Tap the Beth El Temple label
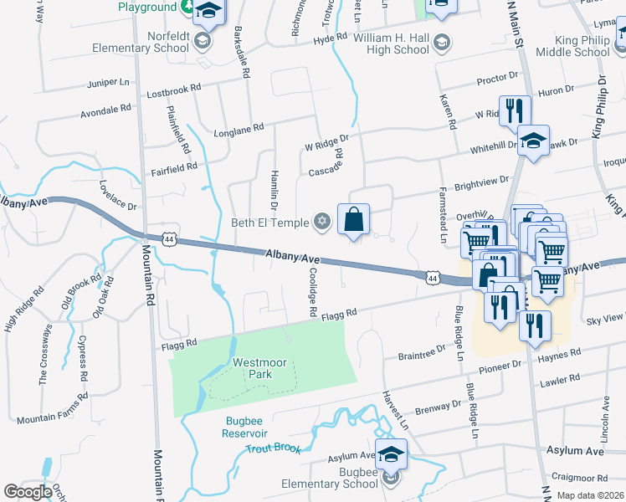coord(269,223)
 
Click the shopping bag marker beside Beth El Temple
coord(353,220)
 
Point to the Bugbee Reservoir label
coord(244,427)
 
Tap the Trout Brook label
coord(274,448)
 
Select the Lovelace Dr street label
coord(117,195)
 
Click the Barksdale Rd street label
coord(243,56)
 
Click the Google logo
coord(28,492)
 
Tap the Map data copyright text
coord(590,495)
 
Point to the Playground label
coord(147,7)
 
